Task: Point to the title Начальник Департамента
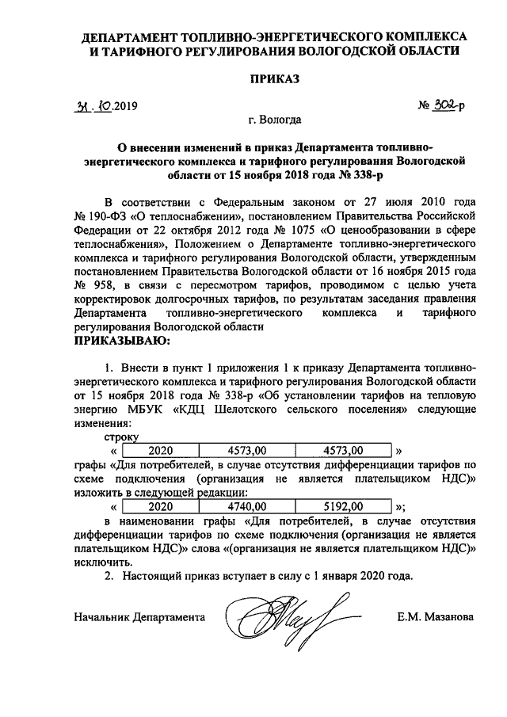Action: click(139, 616)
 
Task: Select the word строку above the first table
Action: click(121, 437)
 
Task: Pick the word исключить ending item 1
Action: click(101, 561)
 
